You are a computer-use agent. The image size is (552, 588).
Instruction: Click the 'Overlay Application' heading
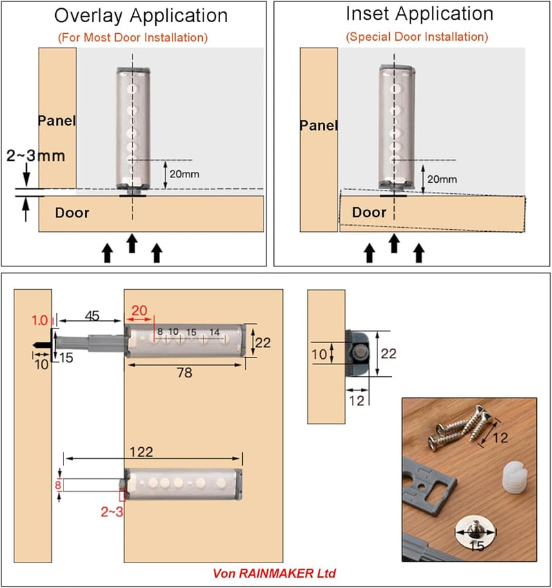[x=141, y=17]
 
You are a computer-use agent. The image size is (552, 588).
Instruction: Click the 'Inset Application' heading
[x=420, y=14]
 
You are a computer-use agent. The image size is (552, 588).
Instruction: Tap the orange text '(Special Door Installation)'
[x=417, y=37]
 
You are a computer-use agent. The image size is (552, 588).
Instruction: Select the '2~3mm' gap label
[x=36, y=155]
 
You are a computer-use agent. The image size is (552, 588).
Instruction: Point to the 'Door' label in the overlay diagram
[x=72, y=213]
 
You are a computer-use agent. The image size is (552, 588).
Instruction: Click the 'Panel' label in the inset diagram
[x=319, y=125]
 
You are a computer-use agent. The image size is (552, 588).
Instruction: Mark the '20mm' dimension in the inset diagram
[x=442, y=179]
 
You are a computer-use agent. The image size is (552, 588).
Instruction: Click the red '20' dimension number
[x=139, y=311]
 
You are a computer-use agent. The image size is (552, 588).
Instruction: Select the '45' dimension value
[x=92, y=316]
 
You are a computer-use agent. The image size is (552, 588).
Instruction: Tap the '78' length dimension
[x=184, y=373]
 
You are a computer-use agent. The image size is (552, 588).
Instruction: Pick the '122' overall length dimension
[x=141, y=452]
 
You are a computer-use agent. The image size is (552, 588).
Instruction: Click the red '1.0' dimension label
[x=39, y=321]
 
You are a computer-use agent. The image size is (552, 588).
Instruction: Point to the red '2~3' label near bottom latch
[x=112, y=512]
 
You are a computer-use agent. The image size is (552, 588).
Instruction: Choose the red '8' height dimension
[x=58, y=485]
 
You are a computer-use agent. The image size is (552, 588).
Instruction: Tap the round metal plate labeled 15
[x=475, y=531]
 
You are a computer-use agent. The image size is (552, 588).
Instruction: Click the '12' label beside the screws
[x=500, y=438]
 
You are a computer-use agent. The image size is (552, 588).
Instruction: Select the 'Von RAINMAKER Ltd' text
[x=274, y=574]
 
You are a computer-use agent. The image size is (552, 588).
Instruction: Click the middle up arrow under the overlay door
[x=131, y=244]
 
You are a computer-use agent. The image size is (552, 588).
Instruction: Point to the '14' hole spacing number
[x=215, y=332]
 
